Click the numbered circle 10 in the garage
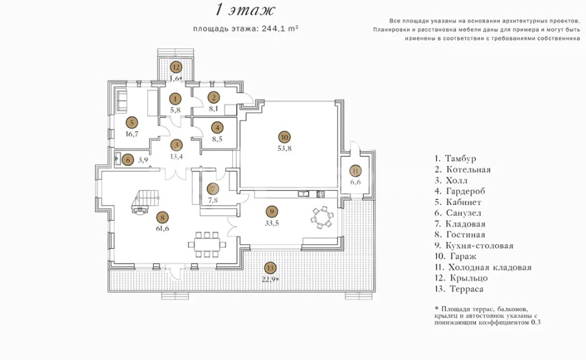point(284,137)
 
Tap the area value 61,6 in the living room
point(162,229)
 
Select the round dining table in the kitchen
point(322,217)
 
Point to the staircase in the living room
point(145,201)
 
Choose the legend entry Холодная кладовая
point(483,267)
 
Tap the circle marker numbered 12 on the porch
point(176,67)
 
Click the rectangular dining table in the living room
point(207,244)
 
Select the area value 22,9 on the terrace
point(271,279)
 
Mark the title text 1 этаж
point(245,10)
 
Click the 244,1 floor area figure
point(274,29)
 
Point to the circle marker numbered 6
point(128,160)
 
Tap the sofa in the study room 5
point(122,100)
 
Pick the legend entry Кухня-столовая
point(474,246)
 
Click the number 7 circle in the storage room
point(213,189)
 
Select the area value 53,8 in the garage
point(284,148)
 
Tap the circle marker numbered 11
point(356,171)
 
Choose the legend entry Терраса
point(459,289)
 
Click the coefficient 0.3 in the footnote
point(536,322)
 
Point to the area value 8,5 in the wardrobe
point(217,139)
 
